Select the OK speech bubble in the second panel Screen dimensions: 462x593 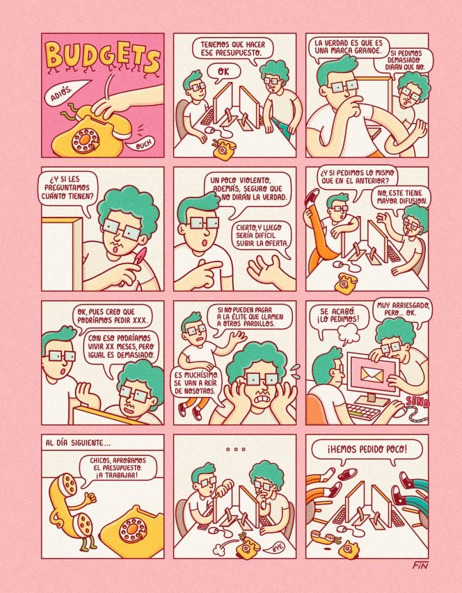[x=223, y=72]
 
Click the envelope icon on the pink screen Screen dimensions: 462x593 [x=373, y=375]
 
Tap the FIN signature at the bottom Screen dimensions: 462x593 [x=420, y=566]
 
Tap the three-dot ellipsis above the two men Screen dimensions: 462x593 [x=235, y=449]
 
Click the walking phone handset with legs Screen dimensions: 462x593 [x=71, y=510]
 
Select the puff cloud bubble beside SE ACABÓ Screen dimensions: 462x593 [x=346, y=333]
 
